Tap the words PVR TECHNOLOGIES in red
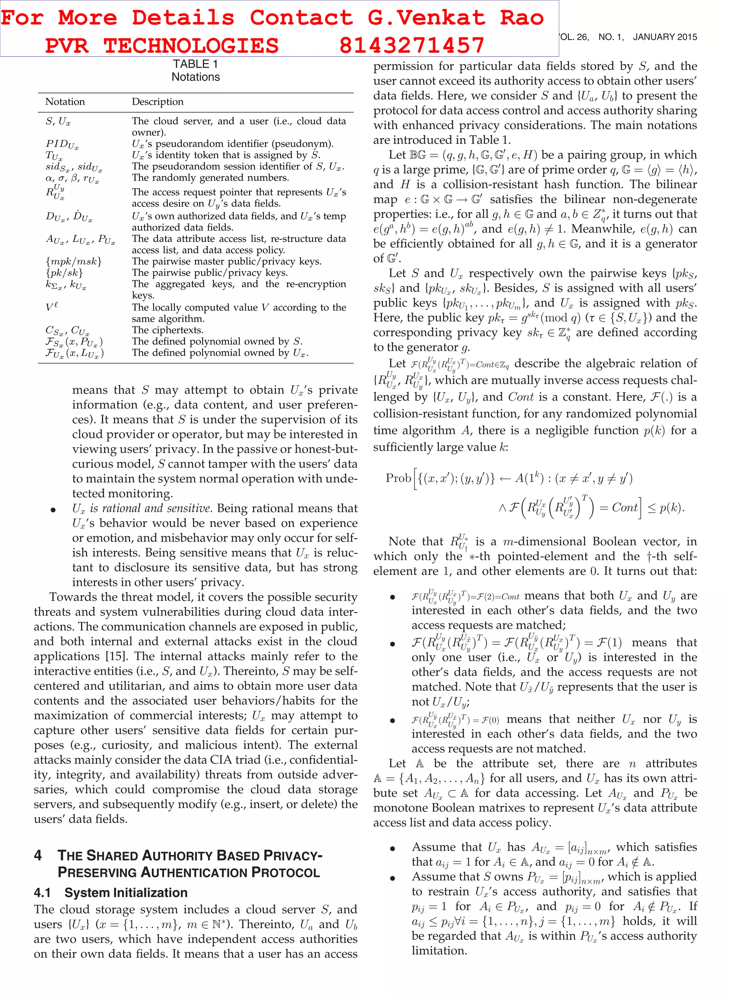coord(162,46)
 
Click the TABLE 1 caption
coord(195,64)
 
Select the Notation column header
coord(65,102)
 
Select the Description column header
coord(158,102)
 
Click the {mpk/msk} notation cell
coord(74,261)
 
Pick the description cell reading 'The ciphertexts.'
coord(167,330)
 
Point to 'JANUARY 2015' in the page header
coord(665,37)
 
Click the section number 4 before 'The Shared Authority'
coord(38,856)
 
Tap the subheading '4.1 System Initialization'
coord(111,893)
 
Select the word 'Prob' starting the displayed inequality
coord(398,478)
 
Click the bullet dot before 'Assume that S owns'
coord(392,878)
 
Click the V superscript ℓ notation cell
coord(52,307)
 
